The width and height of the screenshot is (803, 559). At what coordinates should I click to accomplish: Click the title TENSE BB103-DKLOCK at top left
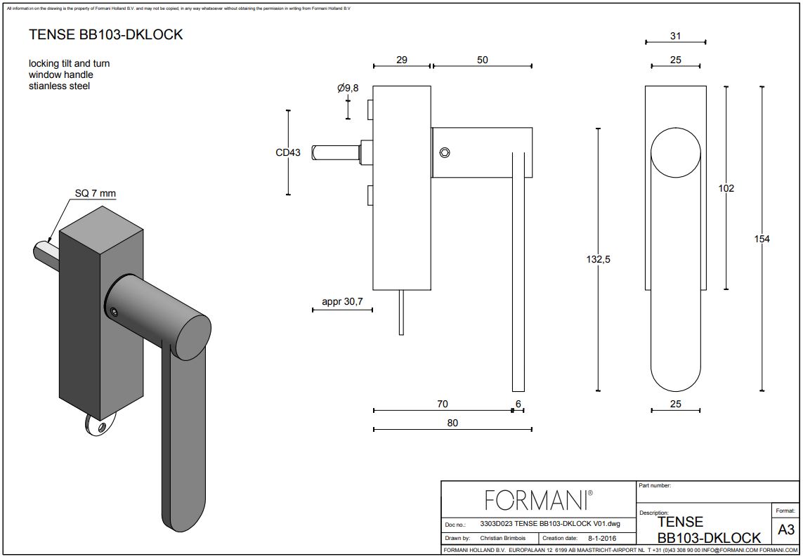105,35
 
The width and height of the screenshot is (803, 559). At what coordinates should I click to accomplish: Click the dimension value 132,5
598,259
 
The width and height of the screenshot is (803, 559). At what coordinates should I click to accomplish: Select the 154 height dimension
762,239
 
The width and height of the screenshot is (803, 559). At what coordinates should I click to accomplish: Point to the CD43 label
288,152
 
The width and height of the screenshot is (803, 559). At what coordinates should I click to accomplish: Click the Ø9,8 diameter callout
348,88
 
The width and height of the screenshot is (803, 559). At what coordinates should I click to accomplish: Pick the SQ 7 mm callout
95,193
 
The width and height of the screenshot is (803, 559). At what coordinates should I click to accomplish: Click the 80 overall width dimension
452,423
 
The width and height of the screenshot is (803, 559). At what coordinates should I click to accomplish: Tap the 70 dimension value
442,404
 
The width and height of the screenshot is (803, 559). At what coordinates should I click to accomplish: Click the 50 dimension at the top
482,60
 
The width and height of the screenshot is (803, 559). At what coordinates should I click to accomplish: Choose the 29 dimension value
401,60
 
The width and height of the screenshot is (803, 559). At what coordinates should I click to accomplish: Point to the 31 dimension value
675,36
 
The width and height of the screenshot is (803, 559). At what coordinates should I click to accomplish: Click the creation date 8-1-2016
602,538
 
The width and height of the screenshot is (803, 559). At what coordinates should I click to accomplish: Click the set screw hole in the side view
444,152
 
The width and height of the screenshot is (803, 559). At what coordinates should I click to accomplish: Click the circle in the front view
675,154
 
